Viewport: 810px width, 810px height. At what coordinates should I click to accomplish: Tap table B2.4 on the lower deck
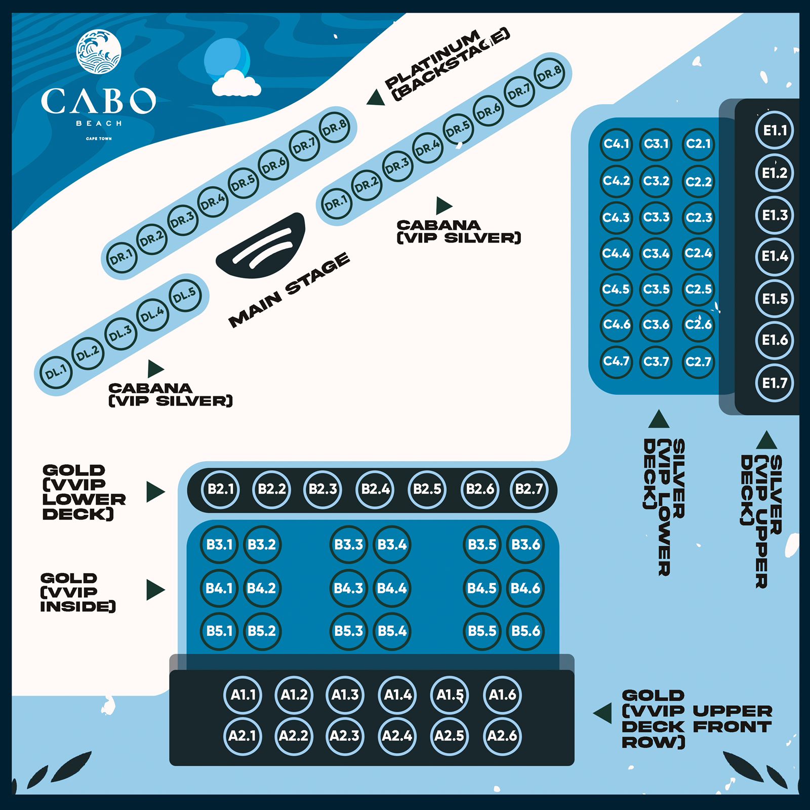point(375,489)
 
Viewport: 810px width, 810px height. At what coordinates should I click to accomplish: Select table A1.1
point(243,695)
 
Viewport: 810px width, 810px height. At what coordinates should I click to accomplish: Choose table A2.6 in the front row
point(502,736)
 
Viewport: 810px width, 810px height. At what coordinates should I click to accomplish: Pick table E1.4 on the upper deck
point(775,256)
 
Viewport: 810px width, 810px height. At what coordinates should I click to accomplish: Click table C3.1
point(656,144)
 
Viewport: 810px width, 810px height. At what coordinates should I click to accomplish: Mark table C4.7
point(616,361)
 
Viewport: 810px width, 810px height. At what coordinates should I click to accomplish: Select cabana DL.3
point(120,334)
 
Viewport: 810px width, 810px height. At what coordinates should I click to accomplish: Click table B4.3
point(348,588)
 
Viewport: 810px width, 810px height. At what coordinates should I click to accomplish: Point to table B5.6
point(525,631)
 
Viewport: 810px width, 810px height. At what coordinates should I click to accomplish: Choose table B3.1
point(219,545)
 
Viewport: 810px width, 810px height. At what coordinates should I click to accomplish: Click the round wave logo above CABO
point(99,52)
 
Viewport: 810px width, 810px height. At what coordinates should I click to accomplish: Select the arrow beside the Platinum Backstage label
point(376,98)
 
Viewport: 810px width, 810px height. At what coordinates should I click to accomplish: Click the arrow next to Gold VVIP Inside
point(155,590)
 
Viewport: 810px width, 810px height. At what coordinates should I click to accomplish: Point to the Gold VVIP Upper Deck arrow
point(603,713)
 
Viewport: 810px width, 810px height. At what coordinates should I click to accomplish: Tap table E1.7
point(775,383)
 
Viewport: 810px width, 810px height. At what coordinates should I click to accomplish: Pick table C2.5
point(698,290)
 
